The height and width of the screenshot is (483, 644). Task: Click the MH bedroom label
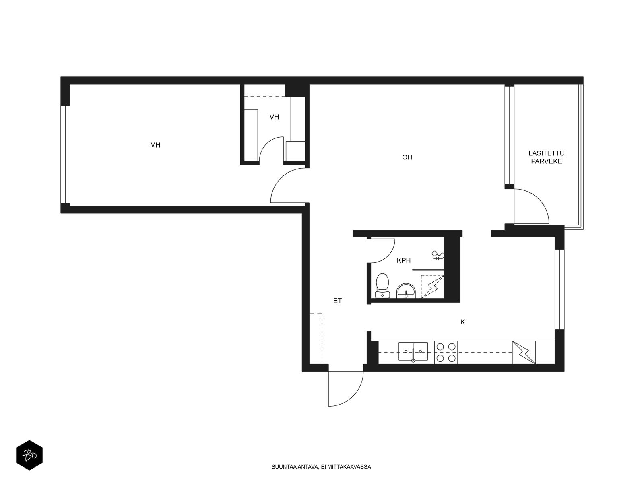coord(155,145)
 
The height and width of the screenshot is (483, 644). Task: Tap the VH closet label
coord(274,117)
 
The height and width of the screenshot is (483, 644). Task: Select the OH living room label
coord(407,157)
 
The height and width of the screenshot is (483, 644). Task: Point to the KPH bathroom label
coord(403,260)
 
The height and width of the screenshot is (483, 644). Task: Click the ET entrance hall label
coord(337,301)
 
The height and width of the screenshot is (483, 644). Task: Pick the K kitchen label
coord(462,322)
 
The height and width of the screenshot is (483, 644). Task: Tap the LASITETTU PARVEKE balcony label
coord(546,157)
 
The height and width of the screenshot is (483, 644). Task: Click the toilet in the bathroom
coord(382,286)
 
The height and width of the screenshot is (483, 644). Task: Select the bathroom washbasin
coord(406,291)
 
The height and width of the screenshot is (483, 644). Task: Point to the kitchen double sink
coord(413,351)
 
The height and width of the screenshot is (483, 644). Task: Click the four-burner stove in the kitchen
coord(446,353)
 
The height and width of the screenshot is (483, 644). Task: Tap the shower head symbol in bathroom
coord(438,256)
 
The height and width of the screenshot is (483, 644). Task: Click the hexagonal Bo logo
coord(29,455)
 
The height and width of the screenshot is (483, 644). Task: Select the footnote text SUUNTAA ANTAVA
coord(294,467)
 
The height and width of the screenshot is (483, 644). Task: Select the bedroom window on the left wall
coord(66,155)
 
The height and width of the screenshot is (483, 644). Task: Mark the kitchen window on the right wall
coord(559,289)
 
